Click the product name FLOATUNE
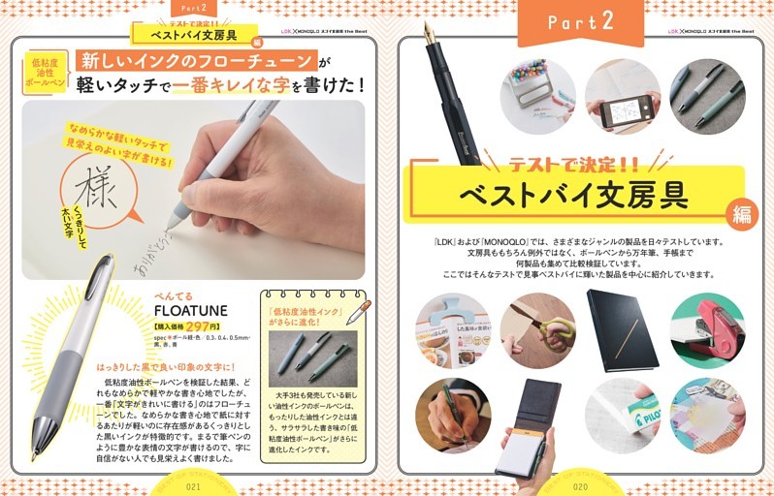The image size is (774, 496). point(192,309)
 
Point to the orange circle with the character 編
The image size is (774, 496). point(742,215)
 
